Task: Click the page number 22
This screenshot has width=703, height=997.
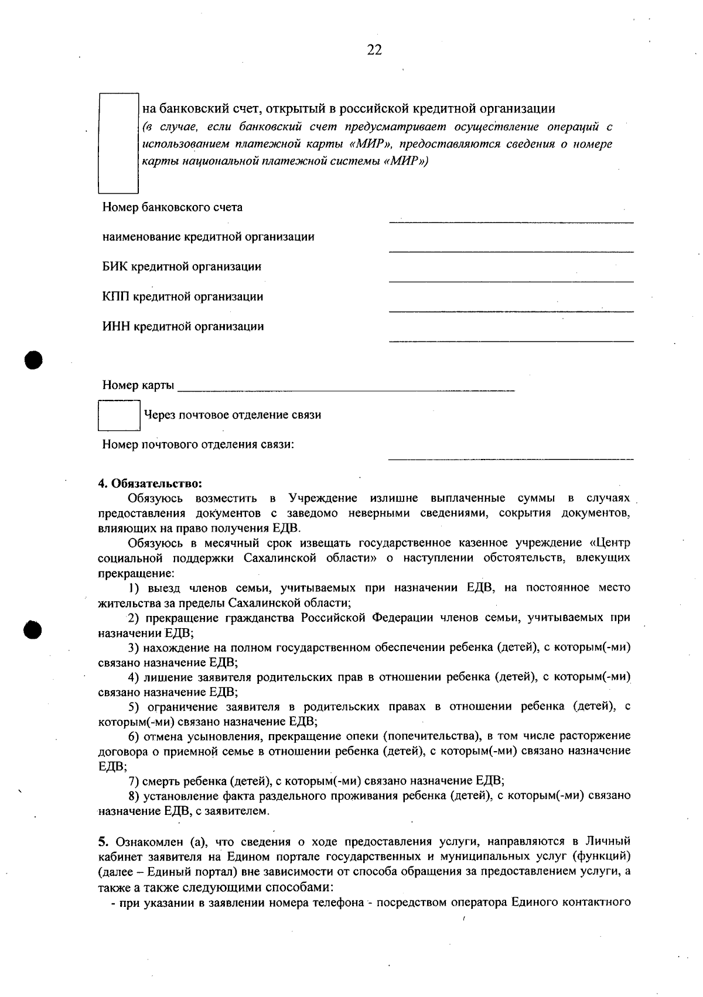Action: pyautogui.click(x=374, y=50)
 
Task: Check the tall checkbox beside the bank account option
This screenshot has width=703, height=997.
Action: pyautogui.click(x=118, y=143)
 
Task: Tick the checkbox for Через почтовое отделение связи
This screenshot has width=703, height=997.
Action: pyautogui.click(x=119, y=415)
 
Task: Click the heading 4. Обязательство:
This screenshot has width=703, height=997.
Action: pyautogui.click(x=150, y=484)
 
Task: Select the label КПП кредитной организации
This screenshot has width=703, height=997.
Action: pyautogui.click(x=183, y=297)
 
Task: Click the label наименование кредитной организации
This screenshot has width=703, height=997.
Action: pyautogui.click(x=208, y=237)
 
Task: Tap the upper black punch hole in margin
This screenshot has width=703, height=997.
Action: pyautogui.click(x=34, y=359)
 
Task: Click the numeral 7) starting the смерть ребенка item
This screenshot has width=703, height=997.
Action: pyautogui.click(x=134, y=780)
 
